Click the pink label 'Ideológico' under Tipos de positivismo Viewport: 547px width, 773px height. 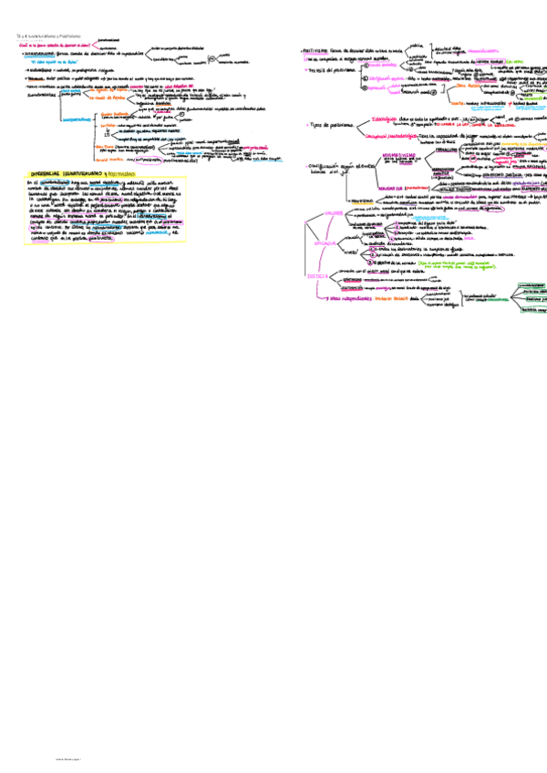(389, 118)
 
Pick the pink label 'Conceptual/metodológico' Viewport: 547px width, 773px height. (391, 136)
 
